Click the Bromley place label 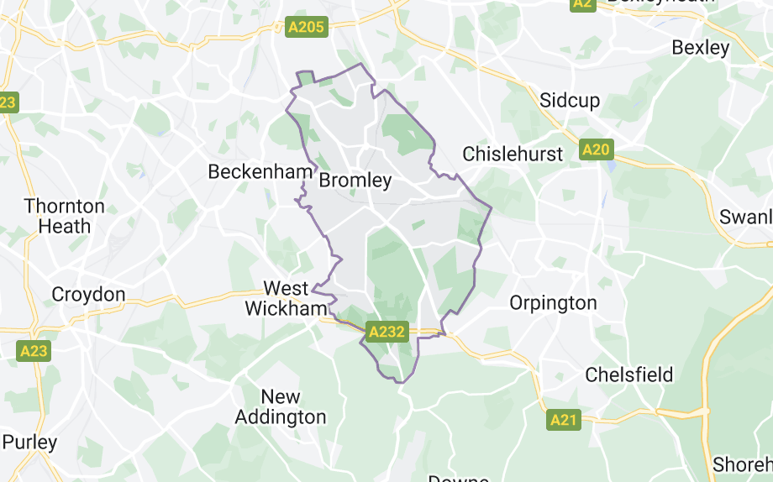click(355, 181)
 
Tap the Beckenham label click(260, 172)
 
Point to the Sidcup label click(570, 101)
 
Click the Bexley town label click(701, 48)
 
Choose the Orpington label click(553, 303)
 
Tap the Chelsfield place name click(629, 375)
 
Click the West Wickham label click(286, 299)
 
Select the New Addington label click(281, 406)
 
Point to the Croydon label click(88, 295)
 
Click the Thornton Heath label click(65, 216)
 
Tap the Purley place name click(29, 442)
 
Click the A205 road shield click(306, 28)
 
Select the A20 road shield click(596, 150)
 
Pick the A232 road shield click(386, 332)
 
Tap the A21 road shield click(564, 419)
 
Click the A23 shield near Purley click(34, 351)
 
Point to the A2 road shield click(583, 3)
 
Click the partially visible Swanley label click(746, 217)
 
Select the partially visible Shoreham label click(743, 464)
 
